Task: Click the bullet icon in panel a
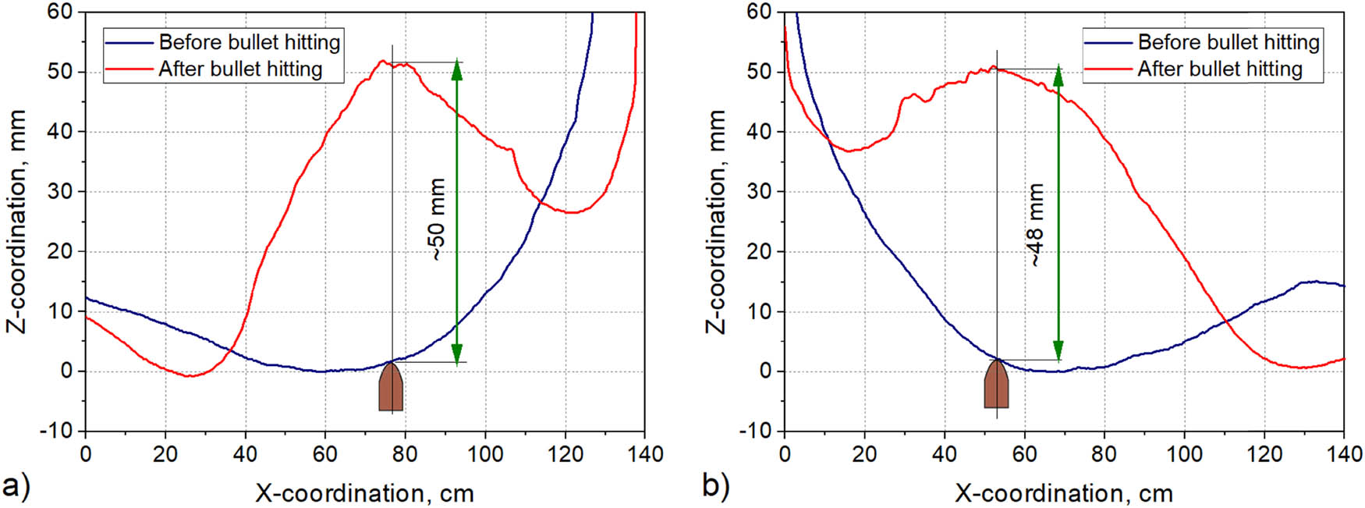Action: click(391, 387)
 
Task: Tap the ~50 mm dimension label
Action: click(438, 219)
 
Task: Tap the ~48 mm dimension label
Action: click(1035, 225)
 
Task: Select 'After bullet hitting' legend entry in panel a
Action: click(214, 69)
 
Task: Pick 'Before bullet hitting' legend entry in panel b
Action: click(1202, 42)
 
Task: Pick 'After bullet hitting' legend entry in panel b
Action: click(1193, 69)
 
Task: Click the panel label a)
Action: click(16, 486)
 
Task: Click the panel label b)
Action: click(715, 486)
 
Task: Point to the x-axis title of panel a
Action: click(364, 493)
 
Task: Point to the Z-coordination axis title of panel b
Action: click(715, 222)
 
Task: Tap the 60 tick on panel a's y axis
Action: click(61, 12)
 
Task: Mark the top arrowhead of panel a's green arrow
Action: click(457, 69)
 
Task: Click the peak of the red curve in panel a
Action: click(382, 61)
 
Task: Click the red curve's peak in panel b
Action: click(993, 67)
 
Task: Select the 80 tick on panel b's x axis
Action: click(1104, 453)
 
